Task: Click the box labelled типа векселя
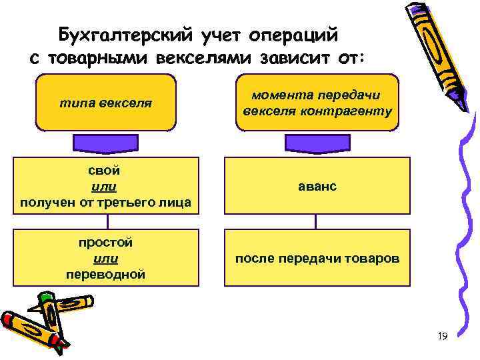point(106,103)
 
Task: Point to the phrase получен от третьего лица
point(106,202)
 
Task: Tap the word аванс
point(317,187)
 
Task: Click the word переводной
point(106,274)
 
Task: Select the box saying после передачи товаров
point(317,257)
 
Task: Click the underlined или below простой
point(106,258)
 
